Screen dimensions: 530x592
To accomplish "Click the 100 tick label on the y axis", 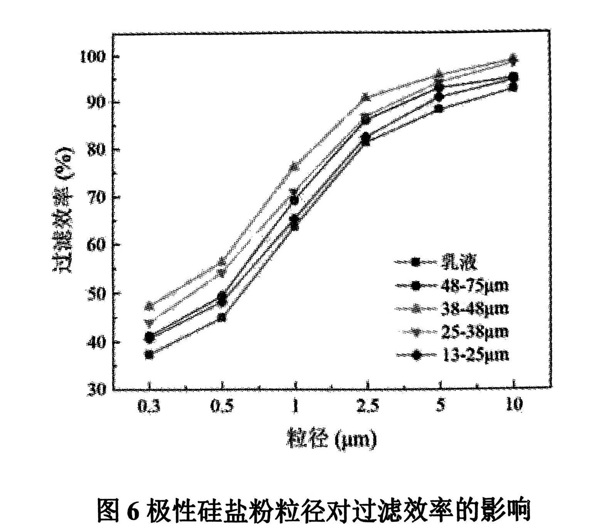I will click(92, 57).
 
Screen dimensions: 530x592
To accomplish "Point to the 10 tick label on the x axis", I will click(513, 405).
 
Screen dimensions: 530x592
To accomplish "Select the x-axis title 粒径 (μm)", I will click(331, 439).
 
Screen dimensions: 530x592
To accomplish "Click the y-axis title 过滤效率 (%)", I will click(63, 210).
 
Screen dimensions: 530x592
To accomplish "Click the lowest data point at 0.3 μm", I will click(149, 354).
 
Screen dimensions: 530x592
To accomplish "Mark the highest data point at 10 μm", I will click(513, 59).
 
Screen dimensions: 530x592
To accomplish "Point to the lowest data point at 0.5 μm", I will click(222, 318).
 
